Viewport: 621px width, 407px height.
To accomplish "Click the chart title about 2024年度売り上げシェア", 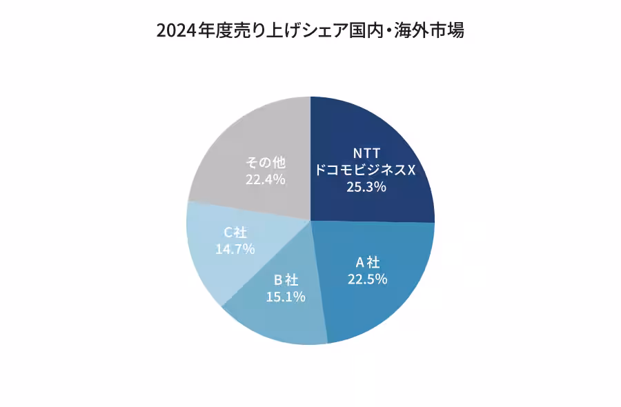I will (310, 31).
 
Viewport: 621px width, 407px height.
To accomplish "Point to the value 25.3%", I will (366, 187).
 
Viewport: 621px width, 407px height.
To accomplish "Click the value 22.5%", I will (367, 279).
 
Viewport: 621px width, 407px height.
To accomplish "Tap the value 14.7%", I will (235, 248).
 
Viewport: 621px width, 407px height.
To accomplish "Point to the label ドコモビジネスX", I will (366, 170).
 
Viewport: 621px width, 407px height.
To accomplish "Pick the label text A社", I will (367, 262).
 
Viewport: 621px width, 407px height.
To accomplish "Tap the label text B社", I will (286, 280).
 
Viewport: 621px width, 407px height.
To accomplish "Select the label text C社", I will (235, 232).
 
